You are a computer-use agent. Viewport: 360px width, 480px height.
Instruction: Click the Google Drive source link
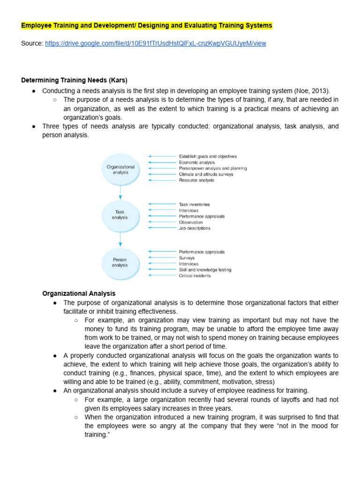coord(155,43)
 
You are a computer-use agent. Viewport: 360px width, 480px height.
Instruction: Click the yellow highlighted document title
coord(147,25)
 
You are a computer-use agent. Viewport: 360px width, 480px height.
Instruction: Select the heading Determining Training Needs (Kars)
coord(74,80)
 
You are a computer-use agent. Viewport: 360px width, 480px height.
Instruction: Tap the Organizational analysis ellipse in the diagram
coord(120,169)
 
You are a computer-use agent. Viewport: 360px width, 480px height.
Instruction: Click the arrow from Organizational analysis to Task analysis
coord(120,192)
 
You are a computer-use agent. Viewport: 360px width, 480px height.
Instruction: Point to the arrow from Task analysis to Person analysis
coord(120,239)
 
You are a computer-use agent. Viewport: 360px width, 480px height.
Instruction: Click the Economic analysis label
coord(196,163)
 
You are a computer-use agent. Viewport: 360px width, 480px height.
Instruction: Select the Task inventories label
coord(194,204)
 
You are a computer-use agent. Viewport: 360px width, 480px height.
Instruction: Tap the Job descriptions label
coord(195,228)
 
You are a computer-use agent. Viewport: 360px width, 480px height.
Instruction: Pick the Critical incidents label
coord(195,276)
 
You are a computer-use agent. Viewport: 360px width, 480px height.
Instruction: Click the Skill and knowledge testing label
coord(205,270)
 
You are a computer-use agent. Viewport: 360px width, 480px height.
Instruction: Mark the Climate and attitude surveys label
coord(206,174)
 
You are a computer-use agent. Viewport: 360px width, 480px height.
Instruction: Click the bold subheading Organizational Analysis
coord(79,293)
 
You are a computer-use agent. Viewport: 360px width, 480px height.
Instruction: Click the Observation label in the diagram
coord(191,222)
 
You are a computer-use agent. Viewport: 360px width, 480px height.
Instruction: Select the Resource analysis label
coord(196,180)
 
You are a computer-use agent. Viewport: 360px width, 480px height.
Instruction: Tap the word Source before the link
coord(32,43)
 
